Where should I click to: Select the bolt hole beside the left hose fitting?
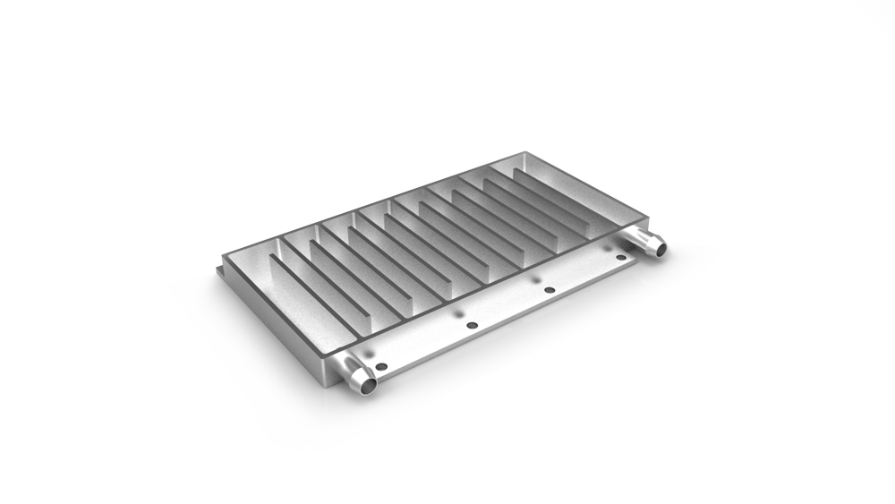(x=382, y=366)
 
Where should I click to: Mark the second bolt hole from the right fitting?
(x=550, y=290)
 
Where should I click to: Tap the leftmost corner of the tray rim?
(x=222, y=254)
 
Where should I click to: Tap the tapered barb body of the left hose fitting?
(x=353, y=372)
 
